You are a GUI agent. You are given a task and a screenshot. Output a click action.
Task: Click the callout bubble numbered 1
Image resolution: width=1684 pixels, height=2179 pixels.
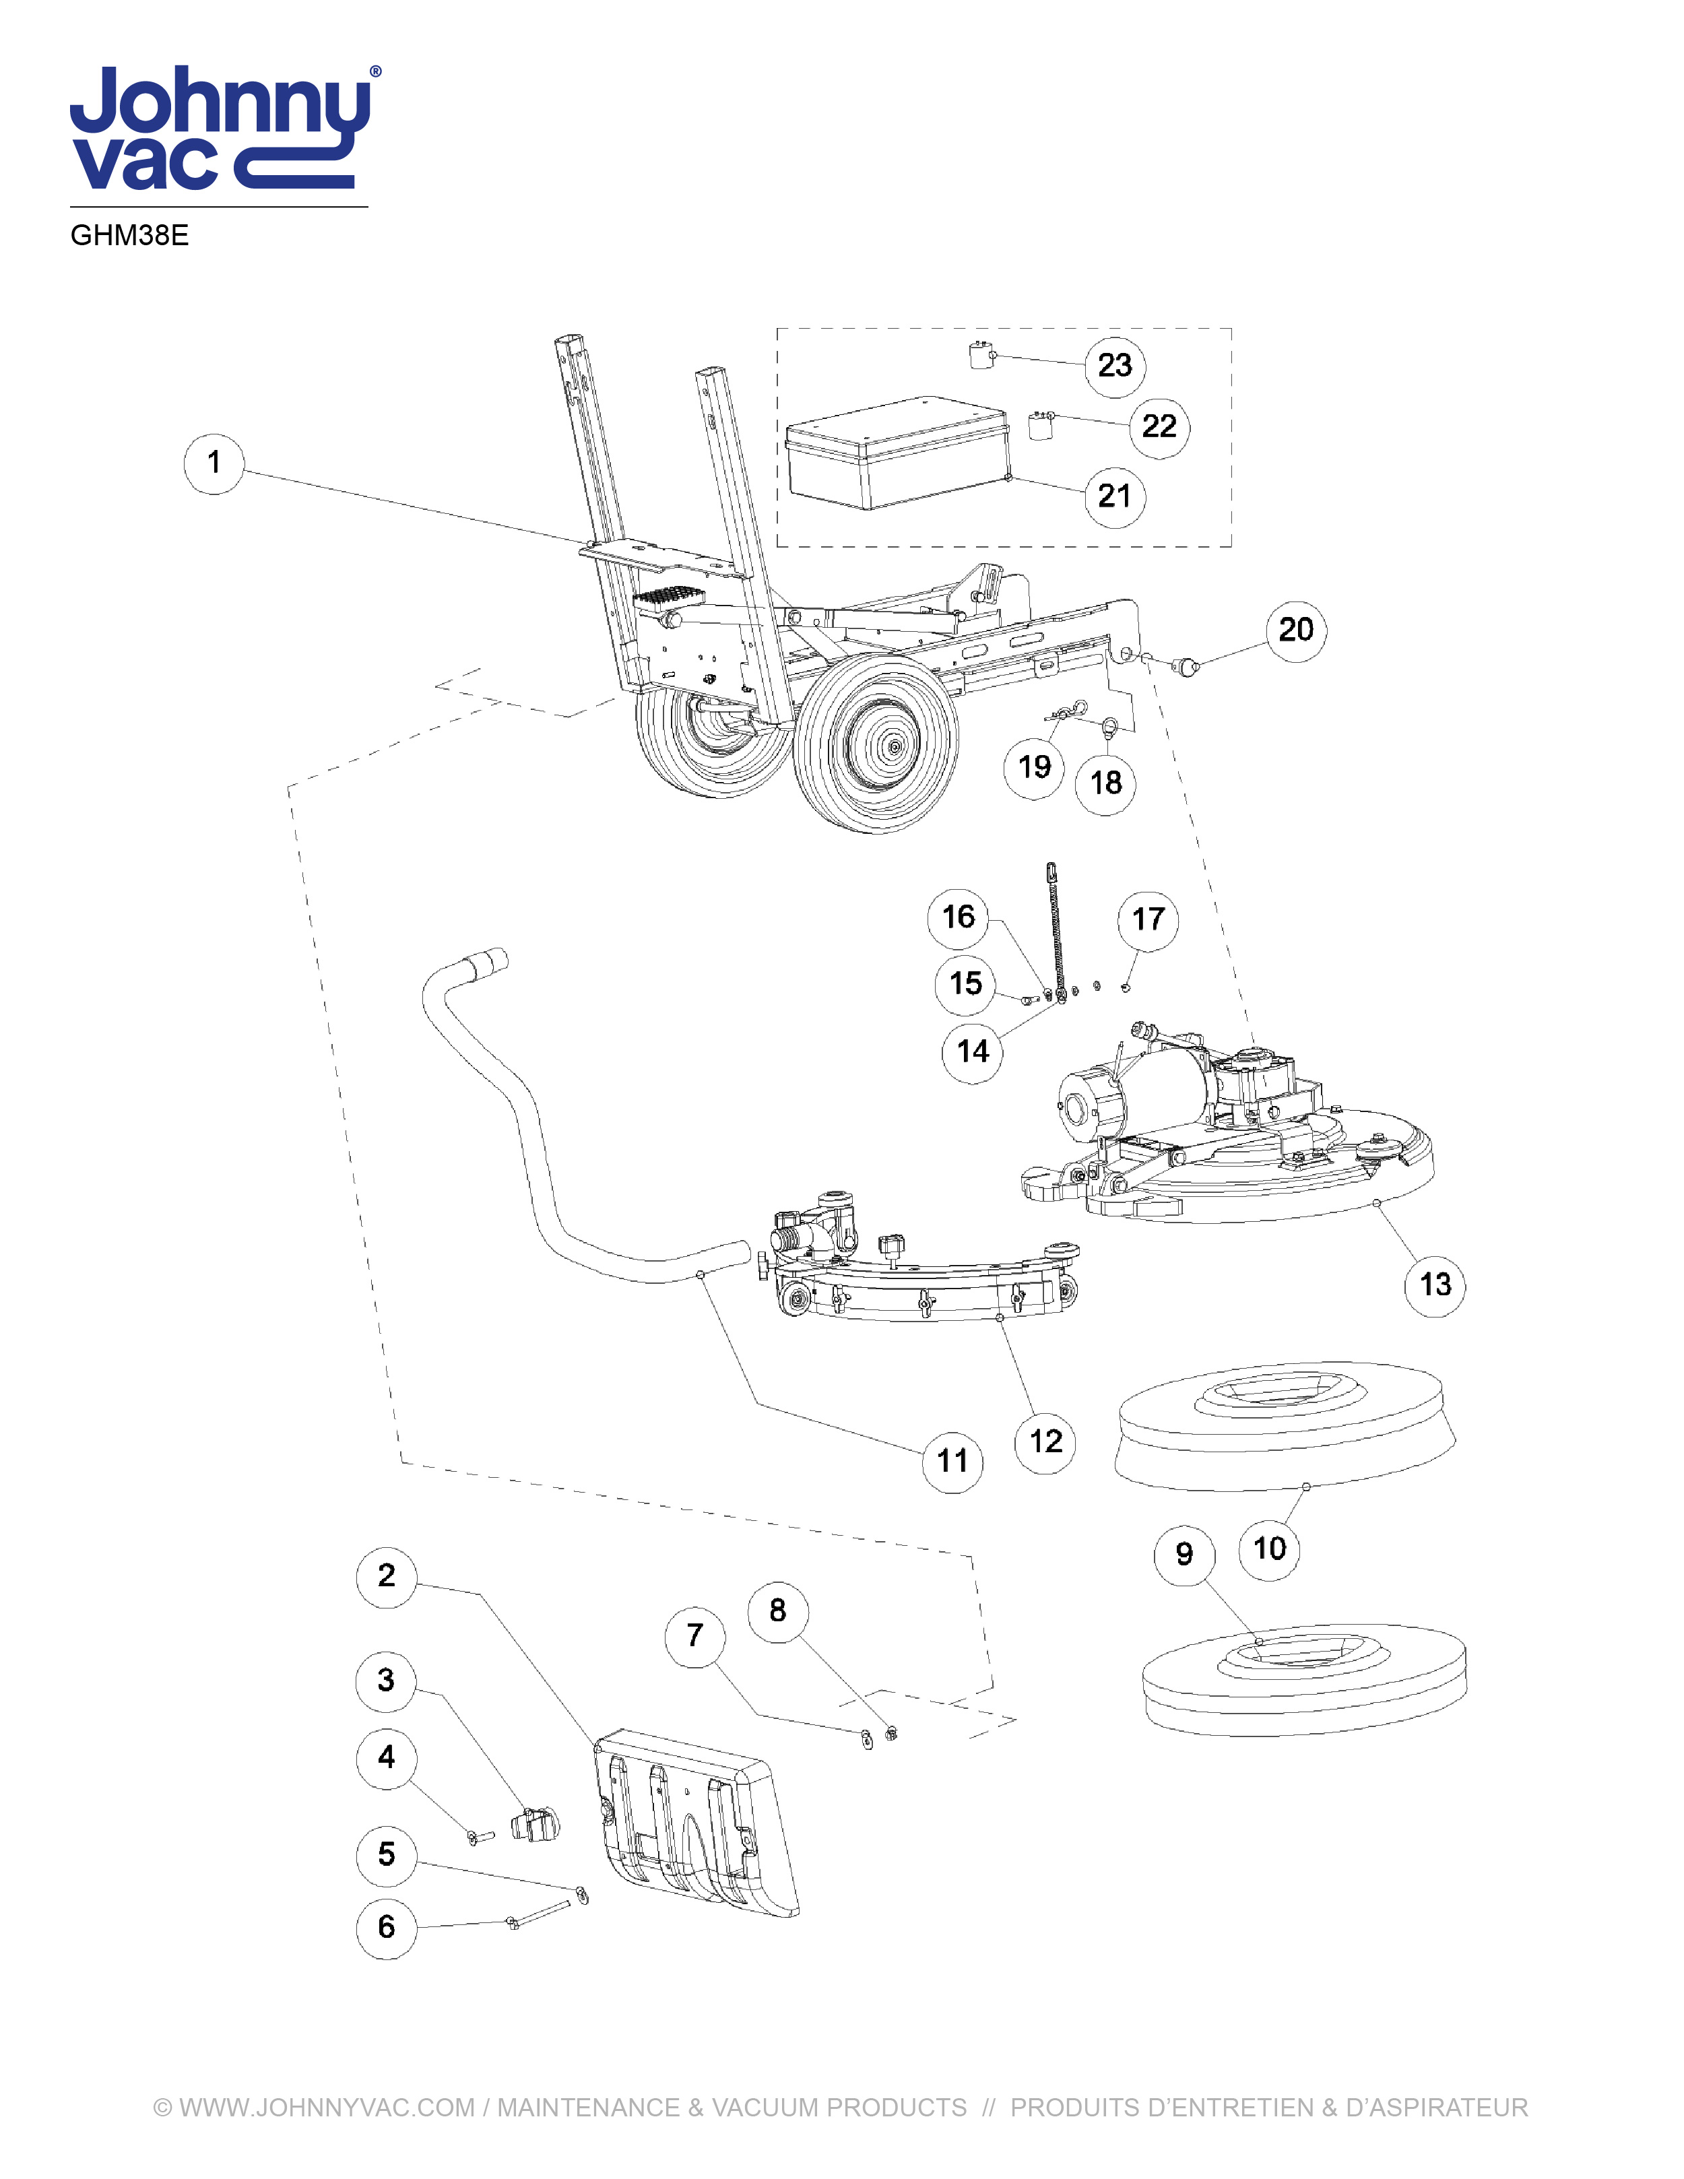point(214,463)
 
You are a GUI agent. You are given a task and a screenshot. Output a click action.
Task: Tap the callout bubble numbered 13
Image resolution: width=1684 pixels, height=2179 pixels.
point(1435,1285)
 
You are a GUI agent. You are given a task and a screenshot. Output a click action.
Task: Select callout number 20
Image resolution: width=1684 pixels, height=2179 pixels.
point(1296,630)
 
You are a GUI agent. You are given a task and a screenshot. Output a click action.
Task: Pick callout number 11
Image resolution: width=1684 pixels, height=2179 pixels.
point(952,1462)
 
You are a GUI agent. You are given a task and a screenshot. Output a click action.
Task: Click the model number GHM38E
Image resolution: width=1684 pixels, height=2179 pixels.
point(130,236)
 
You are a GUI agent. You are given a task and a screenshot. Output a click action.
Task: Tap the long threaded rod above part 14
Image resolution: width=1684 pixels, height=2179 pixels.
point(1056,928)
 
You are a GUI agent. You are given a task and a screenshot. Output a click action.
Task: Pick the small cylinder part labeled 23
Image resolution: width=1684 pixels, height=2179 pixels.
point(979,355)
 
